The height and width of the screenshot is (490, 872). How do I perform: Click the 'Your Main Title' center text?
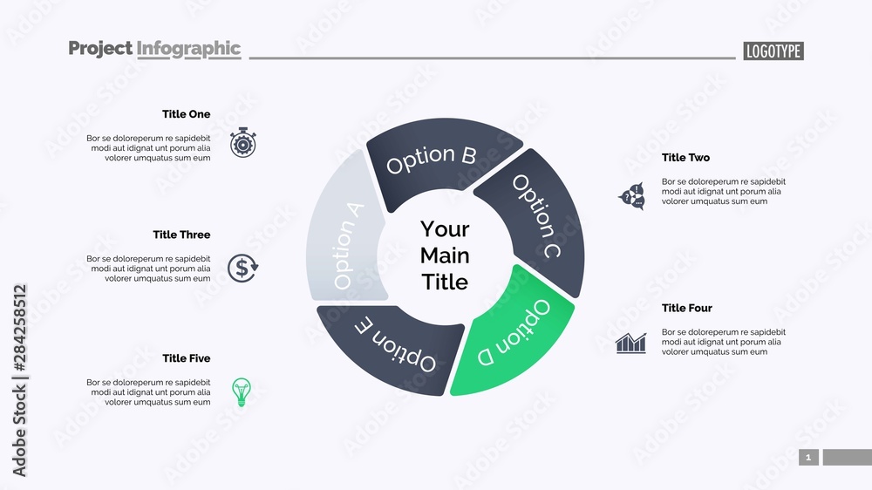point(445,255)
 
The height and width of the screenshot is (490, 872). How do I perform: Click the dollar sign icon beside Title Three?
point(242,268)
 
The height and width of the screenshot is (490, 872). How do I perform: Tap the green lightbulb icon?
point(241,391)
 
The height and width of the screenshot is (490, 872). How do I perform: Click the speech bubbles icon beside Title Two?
point(631,196)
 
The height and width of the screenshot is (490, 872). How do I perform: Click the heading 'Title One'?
point(186,114)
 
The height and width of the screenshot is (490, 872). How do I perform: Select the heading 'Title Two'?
point(685,158)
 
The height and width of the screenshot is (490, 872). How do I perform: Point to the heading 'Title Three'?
point(181,235)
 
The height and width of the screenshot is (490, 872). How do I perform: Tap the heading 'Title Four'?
point(686,308)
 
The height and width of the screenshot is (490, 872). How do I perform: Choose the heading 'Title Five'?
point(186,358)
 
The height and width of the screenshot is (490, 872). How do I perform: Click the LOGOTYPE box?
point(773,51)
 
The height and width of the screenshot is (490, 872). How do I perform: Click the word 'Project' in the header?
point(100,49)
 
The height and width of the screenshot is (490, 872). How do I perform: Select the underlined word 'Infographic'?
point(188,49)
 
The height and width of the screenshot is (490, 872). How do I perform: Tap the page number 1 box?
point(808,457)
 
